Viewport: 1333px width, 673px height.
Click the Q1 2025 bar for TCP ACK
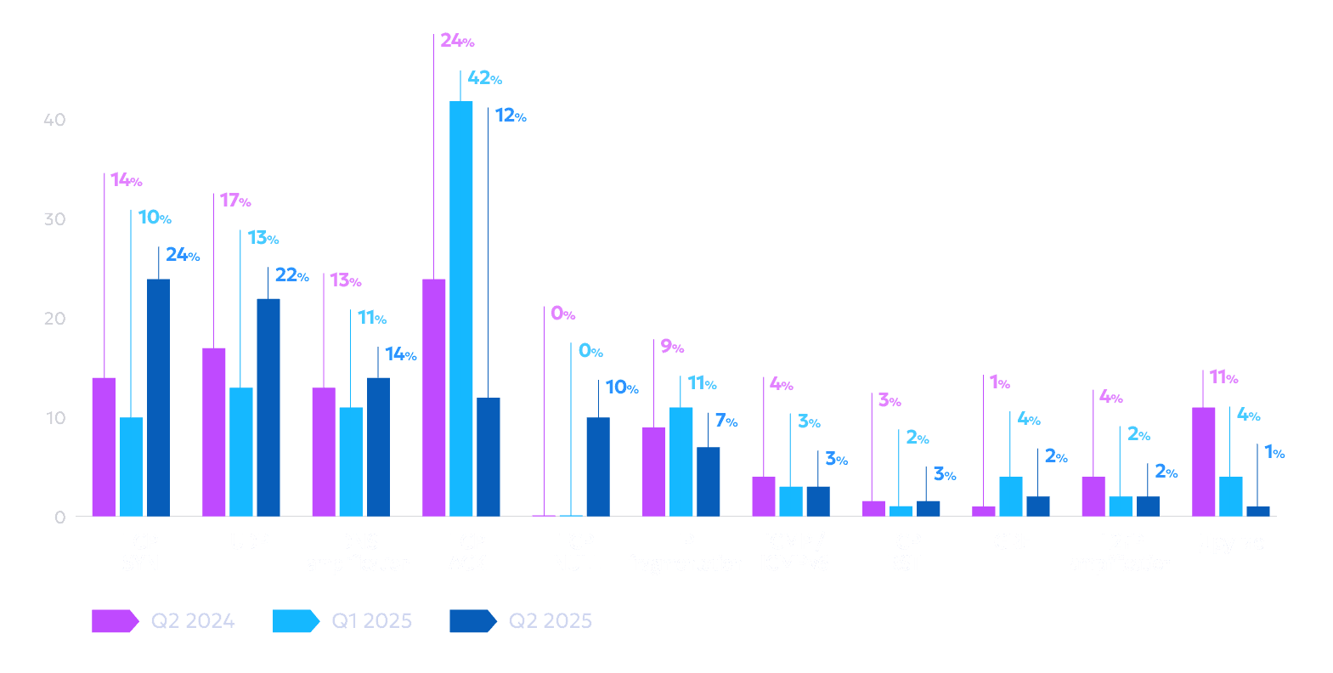click(461, 308)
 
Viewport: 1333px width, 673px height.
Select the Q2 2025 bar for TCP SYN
click(158, 397)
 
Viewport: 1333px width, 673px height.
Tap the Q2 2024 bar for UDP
click(214, 432)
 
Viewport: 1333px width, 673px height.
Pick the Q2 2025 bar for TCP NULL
click(597, 467)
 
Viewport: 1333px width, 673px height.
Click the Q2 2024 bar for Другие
click(1203, 461)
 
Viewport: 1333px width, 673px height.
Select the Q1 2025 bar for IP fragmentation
click(681, 461)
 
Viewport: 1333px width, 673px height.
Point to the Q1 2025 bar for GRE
click(1010, 496)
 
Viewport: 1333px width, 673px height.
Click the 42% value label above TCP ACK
click(484, 78)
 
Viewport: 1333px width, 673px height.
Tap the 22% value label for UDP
click(291, 275)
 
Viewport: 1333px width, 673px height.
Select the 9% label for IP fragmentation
click(672, 347)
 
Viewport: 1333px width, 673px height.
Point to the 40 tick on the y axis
click(54, 120)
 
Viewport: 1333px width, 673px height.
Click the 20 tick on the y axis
click(54, 319)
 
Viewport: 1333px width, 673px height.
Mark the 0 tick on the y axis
click(59, 517)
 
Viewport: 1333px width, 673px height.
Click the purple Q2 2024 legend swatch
click(114, 621)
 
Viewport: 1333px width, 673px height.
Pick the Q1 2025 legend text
click(371, 621)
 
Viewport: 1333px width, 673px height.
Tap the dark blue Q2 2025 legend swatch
click(472, 621)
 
